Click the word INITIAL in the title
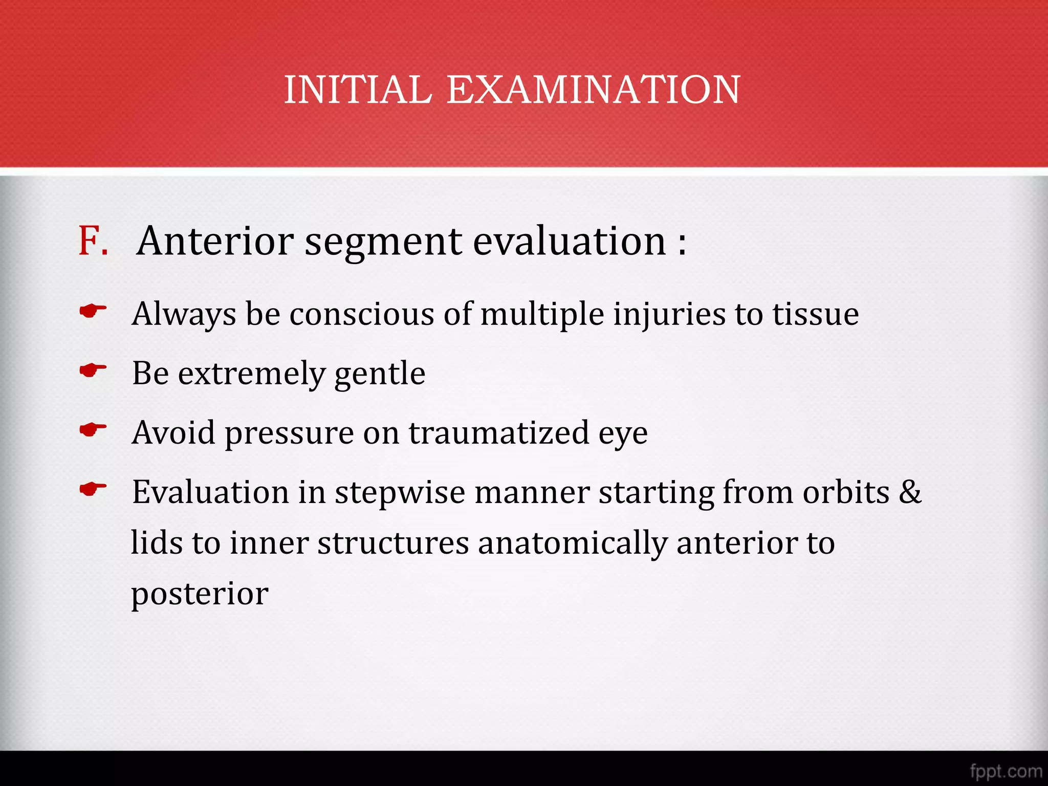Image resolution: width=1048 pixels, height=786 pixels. (x=358, y=90)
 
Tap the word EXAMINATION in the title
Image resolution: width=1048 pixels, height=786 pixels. (x=593, y=90)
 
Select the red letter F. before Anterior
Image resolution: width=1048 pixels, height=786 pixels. (x=93, y=241)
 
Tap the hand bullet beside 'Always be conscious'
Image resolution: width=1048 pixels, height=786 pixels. (x=93, y=311)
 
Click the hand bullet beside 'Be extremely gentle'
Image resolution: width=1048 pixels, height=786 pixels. (x=93, y=370)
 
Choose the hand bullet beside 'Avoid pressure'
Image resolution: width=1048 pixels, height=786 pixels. (x=93, y=429)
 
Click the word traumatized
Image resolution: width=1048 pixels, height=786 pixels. (x=499, y=433)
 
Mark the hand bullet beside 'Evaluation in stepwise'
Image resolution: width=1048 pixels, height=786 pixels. (x=93, y=489)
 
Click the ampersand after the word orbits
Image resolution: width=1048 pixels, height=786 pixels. (x=910, y=492)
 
